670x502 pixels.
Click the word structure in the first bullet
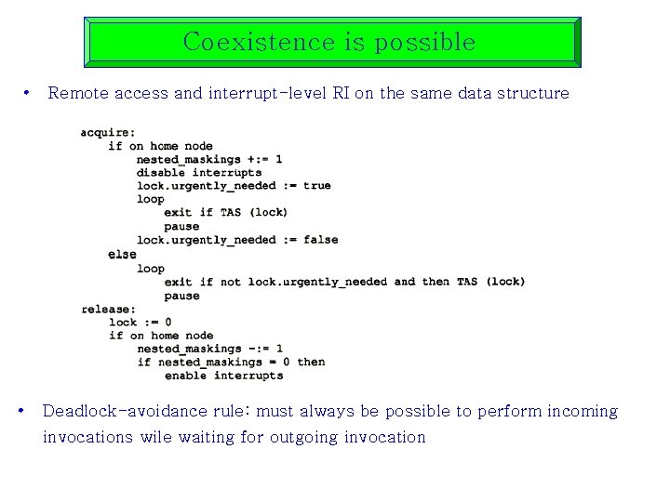point(532,93)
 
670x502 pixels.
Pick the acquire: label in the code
point(107,132)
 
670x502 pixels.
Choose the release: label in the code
point(108,309)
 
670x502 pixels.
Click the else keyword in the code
point(122,254)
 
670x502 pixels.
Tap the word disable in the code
point(161,172)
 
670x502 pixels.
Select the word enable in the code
point(186,376)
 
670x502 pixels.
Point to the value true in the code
point(317,185)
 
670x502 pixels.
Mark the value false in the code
point(321,240)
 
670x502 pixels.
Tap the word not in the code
point(230,281)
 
